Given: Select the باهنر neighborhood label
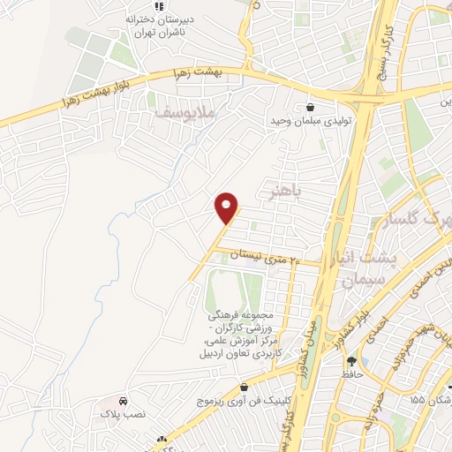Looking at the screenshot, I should coord(283,190).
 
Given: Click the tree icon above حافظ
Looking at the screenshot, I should coord(352,361).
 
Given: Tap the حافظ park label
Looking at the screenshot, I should coord(355,375).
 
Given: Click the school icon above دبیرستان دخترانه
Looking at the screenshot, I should coord(158,6).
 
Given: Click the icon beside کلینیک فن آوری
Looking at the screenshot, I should coord(244,388).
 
